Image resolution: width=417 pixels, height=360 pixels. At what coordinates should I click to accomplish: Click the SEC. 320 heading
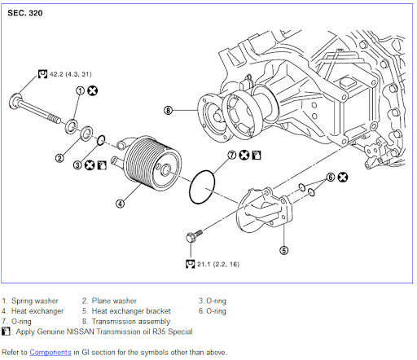tap(25, 13)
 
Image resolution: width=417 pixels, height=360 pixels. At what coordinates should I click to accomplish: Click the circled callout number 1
tap(80, 90)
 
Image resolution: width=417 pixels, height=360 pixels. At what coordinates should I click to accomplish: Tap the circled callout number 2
tap(59, 158)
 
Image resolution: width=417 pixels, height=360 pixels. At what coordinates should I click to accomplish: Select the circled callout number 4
tap(121, 204)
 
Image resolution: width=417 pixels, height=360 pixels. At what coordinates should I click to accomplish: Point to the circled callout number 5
tap(284, 250)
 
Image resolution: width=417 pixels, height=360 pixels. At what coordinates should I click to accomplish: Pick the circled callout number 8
tap(169, 111)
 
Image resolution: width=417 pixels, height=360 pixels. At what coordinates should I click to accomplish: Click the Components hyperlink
tap(50, 352)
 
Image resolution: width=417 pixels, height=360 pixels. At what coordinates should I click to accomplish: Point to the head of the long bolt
tap(15, 101)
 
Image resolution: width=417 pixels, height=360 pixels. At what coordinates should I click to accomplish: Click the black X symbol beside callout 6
tap(343, 178)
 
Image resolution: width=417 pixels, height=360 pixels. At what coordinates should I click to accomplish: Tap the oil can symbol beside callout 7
tap(257, 155)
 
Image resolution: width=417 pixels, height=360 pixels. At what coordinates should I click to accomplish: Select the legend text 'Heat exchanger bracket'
tap(131, 311)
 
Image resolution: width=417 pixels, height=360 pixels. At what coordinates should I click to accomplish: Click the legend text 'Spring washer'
tap(35, 301)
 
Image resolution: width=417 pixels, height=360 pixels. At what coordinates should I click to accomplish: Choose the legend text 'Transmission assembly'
tap(131, 322)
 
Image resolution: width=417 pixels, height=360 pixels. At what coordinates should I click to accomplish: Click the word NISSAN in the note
tap(81, 331)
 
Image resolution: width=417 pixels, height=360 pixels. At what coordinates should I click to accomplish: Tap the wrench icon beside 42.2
tap(42, 74)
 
